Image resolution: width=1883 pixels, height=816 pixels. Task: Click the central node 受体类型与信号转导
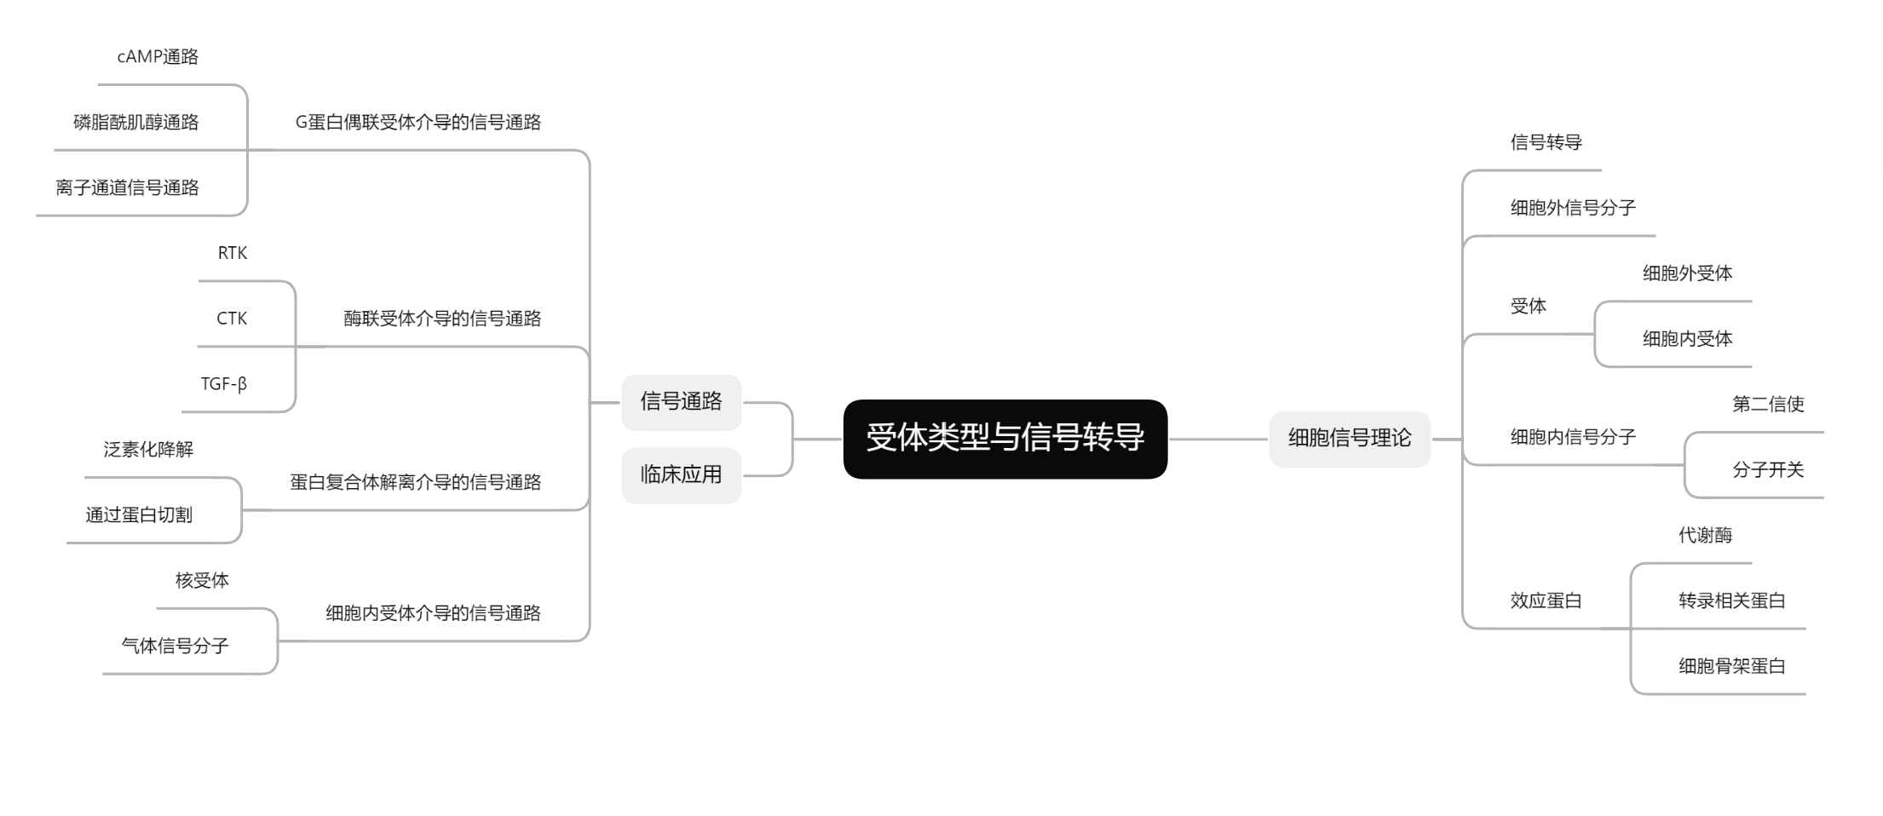1005,438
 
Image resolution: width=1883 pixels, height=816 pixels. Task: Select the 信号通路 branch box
681,401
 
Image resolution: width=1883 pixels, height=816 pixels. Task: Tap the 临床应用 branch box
681,474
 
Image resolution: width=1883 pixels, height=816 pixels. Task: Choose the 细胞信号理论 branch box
1350,438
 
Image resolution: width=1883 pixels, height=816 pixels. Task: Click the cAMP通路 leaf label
158,57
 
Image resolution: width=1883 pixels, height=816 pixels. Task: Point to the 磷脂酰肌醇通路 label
136,123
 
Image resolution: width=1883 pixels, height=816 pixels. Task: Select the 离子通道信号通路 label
127,188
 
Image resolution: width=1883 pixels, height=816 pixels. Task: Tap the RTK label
233,253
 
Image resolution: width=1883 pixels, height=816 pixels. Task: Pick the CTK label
232,319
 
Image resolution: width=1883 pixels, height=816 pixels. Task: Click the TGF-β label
224,384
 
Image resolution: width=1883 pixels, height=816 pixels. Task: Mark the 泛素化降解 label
148,450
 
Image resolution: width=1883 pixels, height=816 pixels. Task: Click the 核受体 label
202,581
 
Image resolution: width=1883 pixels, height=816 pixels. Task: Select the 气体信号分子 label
175,646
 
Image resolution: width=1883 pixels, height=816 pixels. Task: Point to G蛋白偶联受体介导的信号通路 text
418,123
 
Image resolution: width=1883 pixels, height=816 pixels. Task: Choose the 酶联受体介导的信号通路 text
442,319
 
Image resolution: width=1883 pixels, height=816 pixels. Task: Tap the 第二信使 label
1768,405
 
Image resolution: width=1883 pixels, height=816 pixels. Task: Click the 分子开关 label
1768,470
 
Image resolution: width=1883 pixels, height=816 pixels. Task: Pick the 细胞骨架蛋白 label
1732,666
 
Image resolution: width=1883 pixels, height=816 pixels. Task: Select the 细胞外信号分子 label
1573,208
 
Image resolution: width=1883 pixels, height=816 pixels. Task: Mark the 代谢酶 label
1705,536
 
